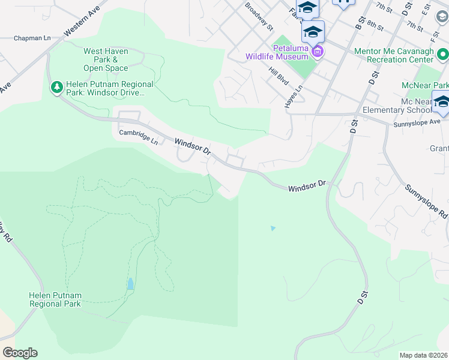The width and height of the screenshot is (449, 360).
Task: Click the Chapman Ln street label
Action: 31,38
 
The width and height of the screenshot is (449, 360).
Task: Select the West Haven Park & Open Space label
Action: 106,59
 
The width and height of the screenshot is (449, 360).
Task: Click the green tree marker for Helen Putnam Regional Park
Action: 57,88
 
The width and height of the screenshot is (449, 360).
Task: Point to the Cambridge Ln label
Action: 138,137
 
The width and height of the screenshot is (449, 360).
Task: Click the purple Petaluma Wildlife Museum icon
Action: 318,52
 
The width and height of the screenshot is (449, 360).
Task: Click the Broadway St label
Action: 259,16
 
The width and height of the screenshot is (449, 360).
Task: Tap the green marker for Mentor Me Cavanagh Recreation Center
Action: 443,55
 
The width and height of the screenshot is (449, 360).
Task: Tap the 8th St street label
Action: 376,25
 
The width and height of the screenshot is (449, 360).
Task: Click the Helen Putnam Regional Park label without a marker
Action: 55,299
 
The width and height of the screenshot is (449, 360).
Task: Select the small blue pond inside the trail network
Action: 130,283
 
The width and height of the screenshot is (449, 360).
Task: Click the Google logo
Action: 20,353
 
